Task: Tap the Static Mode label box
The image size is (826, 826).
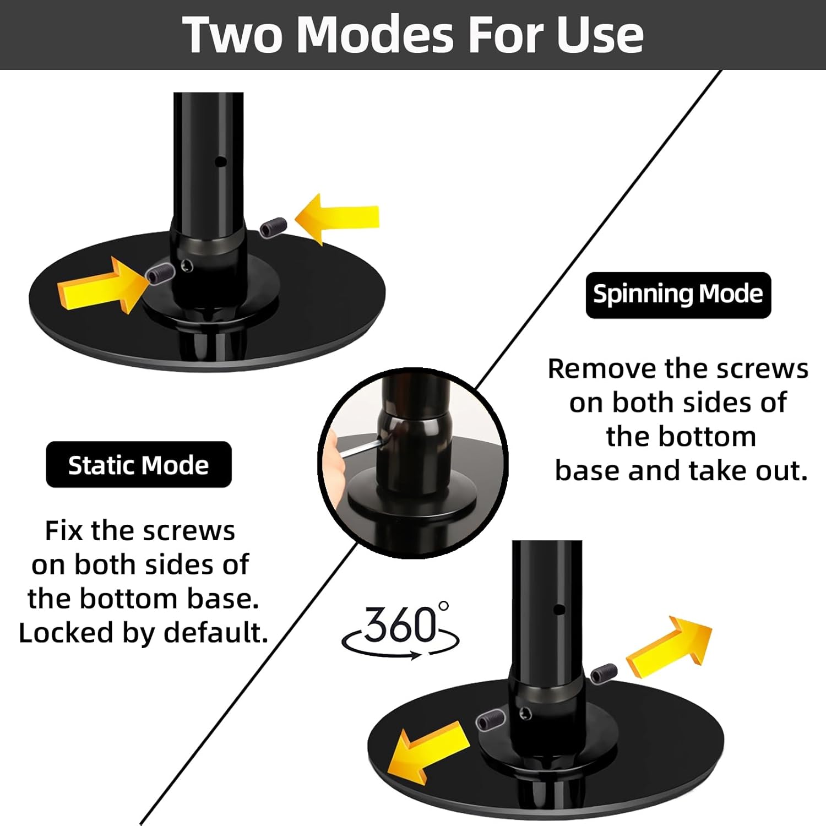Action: pos(138,465)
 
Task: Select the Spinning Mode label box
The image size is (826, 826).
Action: pos(678,295)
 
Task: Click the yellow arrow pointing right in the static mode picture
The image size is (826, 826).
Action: pos(99,284)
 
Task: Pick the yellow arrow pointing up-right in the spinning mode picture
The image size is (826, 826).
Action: pos(669,645)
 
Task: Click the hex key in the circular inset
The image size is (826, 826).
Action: pos(360,447)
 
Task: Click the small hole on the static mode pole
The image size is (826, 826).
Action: pos(221,162)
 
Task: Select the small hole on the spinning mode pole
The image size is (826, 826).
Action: pos(559,610)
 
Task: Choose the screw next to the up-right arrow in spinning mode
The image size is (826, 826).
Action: pos(604,672)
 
